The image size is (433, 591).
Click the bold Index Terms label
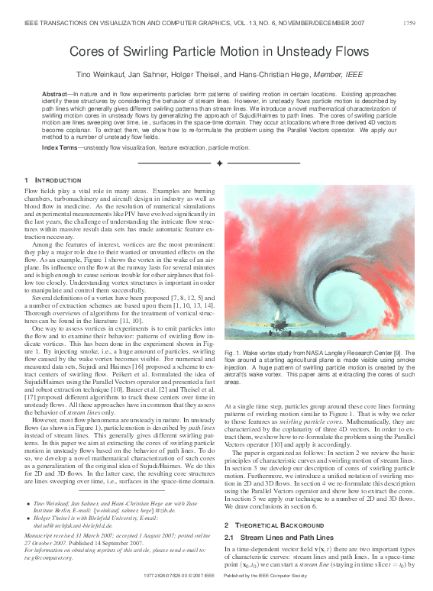pos(60,147)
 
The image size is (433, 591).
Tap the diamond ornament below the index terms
pos(220,163)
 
